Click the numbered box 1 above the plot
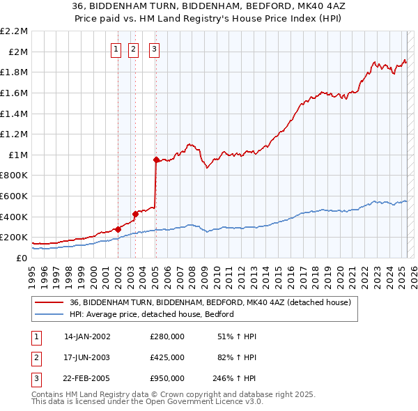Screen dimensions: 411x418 click(x=115, y=49)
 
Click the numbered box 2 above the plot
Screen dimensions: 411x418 click(x=134, y=49)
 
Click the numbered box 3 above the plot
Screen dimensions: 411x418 click(x=153, y=49)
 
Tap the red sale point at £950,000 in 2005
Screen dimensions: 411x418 click(x=156, y=160)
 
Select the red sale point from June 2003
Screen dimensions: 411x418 click(x=135, y=214)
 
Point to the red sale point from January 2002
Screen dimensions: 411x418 click(x=118, y=228)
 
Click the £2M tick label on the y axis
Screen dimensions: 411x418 click(x=19, y=52)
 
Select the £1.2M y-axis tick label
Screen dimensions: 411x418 click(x=15, y=134)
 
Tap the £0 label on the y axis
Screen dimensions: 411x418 click(x=22, y=258)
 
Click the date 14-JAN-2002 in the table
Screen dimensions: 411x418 click(x=87, y=336)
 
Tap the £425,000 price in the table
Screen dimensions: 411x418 click(x=167, y=357)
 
